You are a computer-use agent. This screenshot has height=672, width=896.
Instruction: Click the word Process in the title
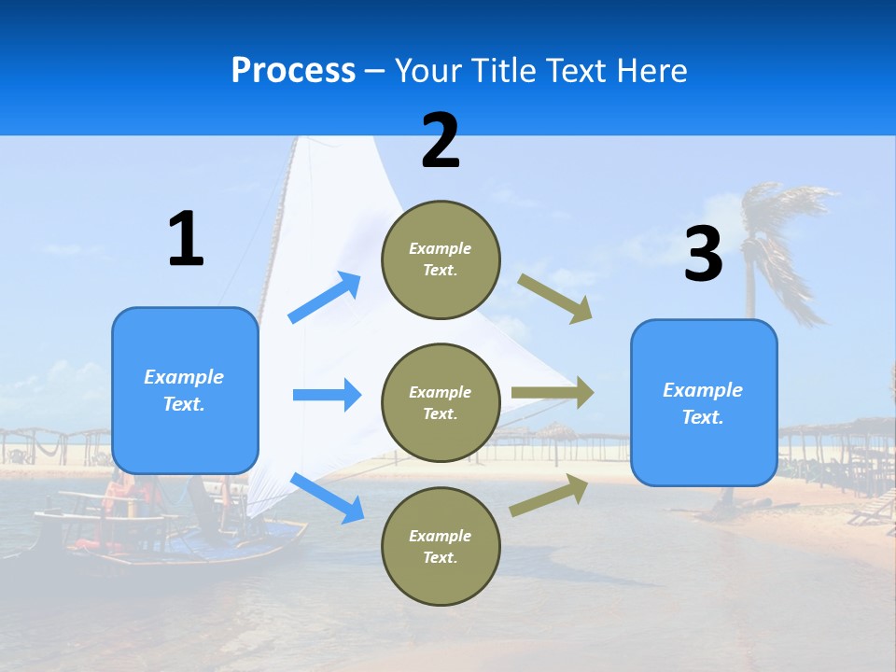click(293, 70)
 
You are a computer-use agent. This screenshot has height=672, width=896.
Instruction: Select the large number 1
click(186, 240)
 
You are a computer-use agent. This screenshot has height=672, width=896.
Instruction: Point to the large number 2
click(441, 141)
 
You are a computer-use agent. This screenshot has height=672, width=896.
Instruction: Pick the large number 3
click(703, 255)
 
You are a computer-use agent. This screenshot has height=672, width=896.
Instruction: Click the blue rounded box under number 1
click(185, 390)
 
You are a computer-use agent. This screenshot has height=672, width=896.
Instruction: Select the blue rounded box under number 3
click(704, 403)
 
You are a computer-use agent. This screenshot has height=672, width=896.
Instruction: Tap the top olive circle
click(441, 259)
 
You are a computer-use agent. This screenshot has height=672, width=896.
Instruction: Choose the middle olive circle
click(441, 403)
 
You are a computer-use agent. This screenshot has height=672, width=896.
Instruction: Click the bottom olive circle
click(441, 547)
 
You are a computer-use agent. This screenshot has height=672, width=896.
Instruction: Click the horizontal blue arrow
click(327, 395)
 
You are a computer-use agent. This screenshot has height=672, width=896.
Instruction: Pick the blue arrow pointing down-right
click(327, 497)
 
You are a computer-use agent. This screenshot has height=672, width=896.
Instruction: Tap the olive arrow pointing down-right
click(555, 298)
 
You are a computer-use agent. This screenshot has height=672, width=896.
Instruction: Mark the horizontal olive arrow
click(553, 393)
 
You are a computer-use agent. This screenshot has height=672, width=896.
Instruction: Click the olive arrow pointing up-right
click(549, 495)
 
